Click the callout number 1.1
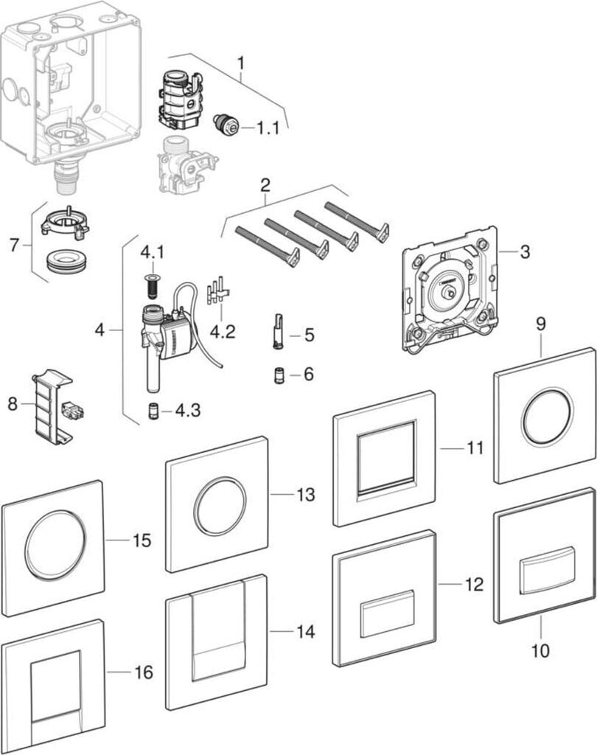click(268, 128)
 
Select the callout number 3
click(524, 252)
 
